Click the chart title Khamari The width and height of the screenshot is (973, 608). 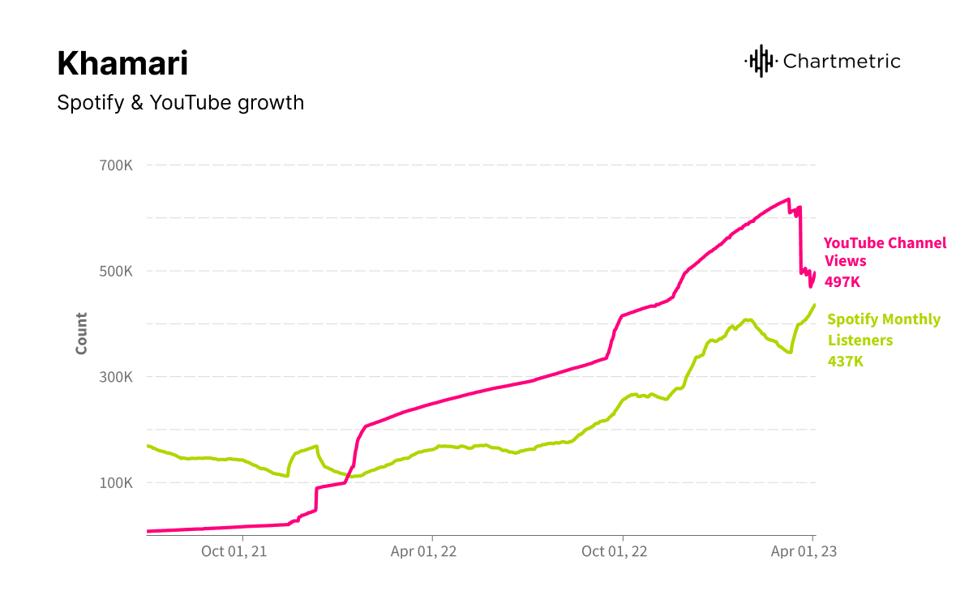point(122,63)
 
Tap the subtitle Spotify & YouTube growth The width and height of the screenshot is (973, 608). point(181,103)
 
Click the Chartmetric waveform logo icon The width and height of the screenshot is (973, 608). point(760,61)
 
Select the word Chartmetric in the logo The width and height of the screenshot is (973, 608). point(842,61)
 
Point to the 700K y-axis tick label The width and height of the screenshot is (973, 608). point(116,165)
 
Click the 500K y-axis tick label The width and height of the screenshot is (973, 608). point(116,271)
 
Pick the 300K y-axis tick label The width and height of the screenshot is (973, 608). point(116,377)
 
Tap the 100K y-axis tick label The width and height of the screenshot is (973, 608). point(116,483)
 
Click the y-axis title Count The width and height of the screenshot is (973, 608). point(81,333)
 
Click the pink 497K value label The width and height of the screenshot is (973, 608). point(842,282)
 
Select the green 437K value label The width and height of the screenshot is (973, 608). point(846,362)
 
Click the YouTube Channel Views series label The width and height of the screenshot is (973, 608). point(885,251)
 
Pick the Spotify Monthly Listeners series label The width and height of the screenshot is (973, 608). point(884,329)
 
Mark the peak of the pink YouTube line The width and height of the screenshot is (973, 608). point(788,199)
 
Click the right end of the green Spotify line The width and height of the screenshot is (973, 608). point(814,305)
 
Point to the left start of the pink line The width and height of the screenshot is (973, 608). point(148,531)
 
